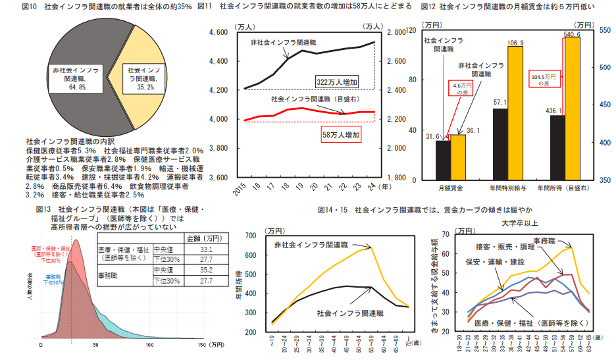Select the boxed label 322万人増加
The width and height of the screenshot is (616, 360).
click(x=336, y=82)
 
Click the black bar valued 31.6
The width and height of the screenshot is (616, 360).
click(x=443, y=160)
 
